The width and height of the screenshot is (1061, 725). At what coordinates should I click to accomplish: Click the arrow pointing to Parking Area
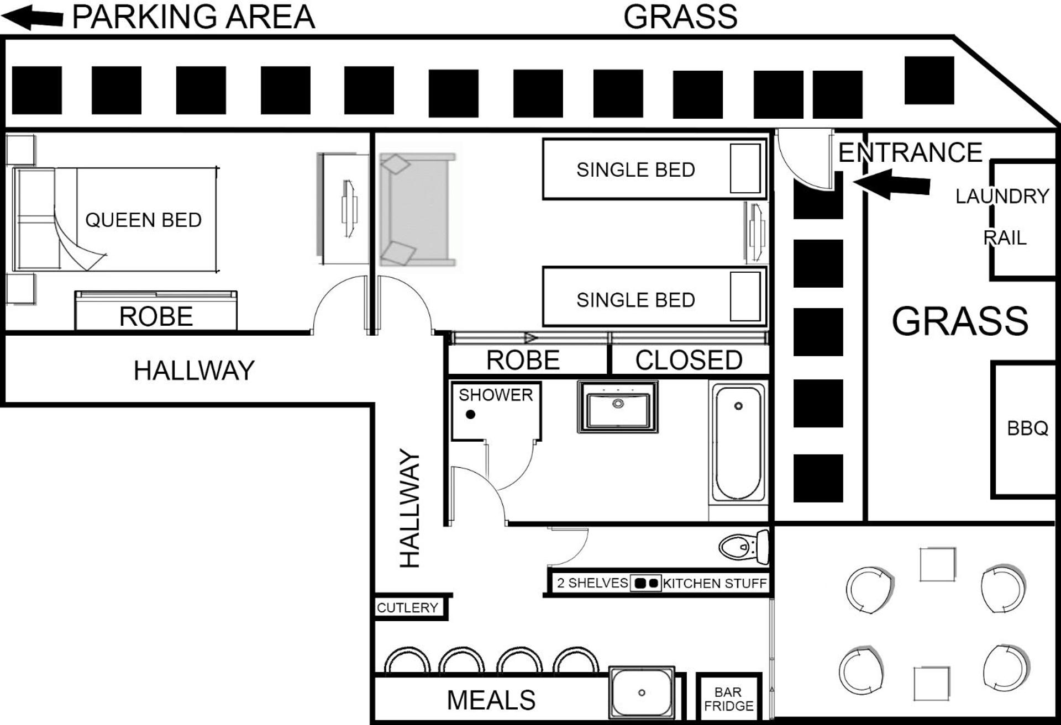pos(32,17)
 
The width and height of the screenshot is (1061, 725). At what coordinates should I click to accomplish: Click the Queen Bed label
pos(143,220)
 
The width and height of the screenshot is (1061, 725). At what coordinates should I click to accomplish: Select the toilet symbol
pos(744,547)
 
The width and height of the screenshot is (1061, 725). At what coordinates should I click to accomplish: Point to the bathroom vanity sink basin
pos(618,406)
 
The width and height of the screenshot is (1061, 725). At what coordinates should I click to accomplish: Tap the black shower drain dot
pos(470,414)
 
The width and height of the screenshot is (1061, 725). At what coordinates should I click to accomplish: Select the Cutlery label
pos(407,608)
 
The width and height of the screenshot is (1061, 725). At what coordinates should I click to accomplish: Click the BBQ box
pos(1023,430)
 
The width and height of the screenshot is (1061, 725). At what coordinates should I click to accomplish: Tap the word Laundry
pos(1002,196)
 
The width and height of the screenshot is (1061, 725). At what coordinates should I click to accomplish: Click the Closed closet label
pos(689,361)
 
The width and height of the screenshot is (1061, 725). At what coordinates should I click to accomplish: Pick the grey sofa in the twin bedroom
pos(418,210)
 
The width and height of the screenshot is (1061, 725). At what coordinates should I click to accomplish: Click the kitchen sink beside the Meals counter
pos(642,692)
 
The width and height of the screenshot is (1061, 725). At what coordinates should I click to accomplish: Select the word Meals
pos(491,700)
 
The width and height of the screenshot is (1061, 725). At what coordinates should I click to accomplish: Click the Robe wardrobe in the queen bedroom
pos(156,311)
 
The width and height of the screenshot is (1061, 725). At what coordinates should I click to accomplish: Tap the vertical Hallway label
pos(409,508)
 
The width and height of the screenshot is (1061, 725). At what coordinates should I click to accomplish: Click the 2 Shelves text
pos(592,583)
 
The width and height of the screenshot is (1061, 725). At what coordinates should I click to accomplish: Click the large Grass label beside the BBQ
pos(960,321)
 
